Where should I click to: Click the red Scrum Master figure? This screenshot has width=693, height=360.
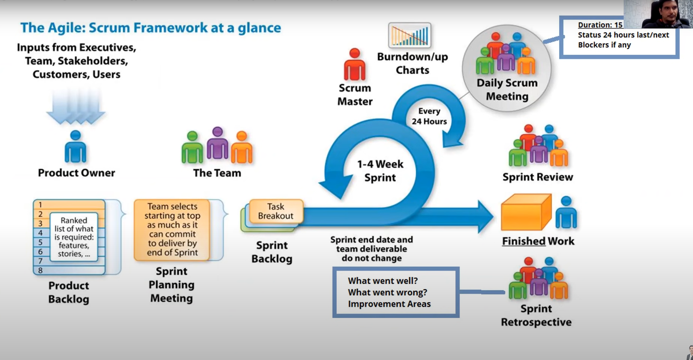point(355,64)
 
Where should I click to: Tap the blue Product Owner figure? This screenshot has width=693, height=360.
point(75,147)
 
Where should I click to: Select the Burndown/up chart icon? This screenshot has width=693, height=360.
point(410,35)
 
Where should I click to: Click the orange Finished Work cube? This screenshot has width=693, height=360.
point(526,212)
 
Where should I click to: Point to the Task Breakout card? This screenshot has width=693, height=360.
point(276,211)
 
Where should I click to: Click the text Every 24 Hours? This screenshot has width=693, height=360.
point(429,116)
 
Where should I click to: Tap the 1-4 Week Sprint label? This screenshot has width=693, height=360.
point(380,171)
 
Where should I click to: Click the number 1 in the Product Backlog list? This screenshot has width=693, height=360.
point(40,205)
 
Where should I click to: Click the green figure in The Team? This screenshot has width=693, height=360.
point(192,147)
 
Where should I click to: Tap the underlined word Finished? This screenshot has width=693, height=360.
point(524,241)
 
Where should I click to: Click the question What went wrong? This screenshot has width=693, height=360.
point(388,292)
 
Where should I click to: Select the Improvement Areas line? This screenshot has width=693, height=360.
point(389,304)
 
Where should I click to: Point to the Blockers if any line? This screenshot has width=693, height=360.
point(604,45)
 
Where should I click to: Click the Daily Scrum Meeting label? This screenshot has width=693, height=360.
point(507,90)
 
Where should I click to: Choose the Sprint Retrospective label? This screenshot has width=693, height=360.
point(536,315)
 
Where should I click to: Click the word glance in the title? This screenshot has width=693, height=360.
point(259,28)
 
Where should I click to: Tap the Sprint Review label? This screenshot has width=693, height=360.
point(538,177)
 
